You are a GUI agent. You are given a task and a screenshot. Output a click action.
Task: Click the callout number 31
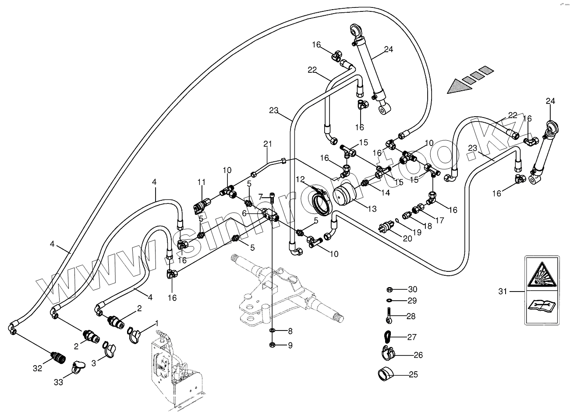[503, 291]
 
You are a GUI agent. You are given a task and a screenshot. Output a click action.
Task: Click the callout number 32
[37, 368]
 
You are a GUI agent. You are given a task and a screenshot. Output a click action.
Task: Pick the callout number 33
[58, 382]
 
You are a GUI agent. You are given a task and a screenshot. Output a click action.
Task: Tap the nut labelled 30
[389, 289]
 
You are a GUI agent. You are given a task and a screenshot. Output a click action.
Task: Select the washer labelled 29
[389, 301]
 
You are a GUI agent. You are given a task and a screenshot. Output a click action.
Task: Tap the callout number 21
[268, 143]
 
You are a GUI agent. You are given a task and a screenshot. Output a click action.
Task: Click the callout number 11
[201, 182]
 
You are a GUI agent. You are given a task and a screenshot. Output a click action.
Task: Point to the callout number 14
[385, 192]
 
